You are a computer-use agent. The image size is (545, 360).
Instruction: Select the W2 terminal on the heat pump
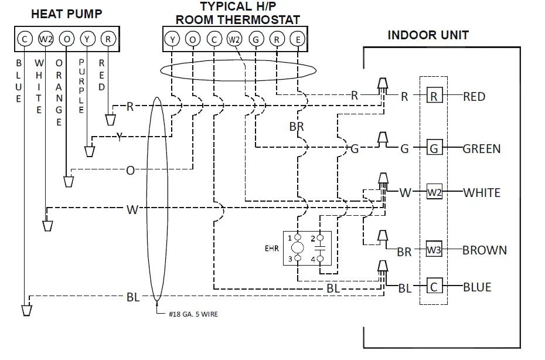pos(46,39)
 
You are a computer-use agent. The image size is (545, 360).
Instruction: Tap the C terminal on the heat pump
pos(25,39)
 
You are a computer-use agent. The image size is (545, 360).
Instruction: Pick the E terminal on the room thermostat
pos(298,40)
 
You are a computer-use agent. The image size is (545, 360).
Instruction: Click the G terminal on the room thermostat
pos(256,40)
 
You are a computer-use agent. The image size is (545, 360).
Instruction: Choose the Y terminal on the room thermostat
pos(172,40)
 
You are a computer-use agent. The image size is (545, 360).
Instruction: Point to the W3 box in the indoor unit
pos(434,249)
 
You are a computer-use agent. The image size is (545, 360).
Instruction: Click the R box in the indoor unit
pos(434,96)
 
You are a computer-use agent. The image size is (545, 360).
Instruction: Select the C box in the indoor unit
pos(434,287)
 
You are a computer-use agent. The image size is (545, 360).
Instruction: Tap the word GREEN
pos(482,148)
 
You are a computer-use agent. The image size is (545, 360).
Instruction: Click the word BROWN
pos(484,250)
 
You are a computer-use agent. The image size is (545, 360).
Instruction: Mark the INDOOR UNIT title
pos(428,35)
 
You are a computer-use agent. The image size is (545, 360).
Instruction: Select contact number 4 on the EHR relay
pos(314,259)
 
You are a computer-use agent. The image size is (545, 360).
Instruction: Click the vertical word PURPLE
pos(81,86)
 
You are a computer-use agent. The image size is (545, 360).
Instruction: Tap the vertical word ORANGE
pos(59,93)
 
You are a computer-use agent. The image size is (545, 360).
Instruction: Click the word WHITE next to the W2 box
pos(481,192)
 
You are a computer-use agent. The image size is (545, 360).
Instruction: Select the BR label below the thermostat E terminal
pos(297,127)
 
